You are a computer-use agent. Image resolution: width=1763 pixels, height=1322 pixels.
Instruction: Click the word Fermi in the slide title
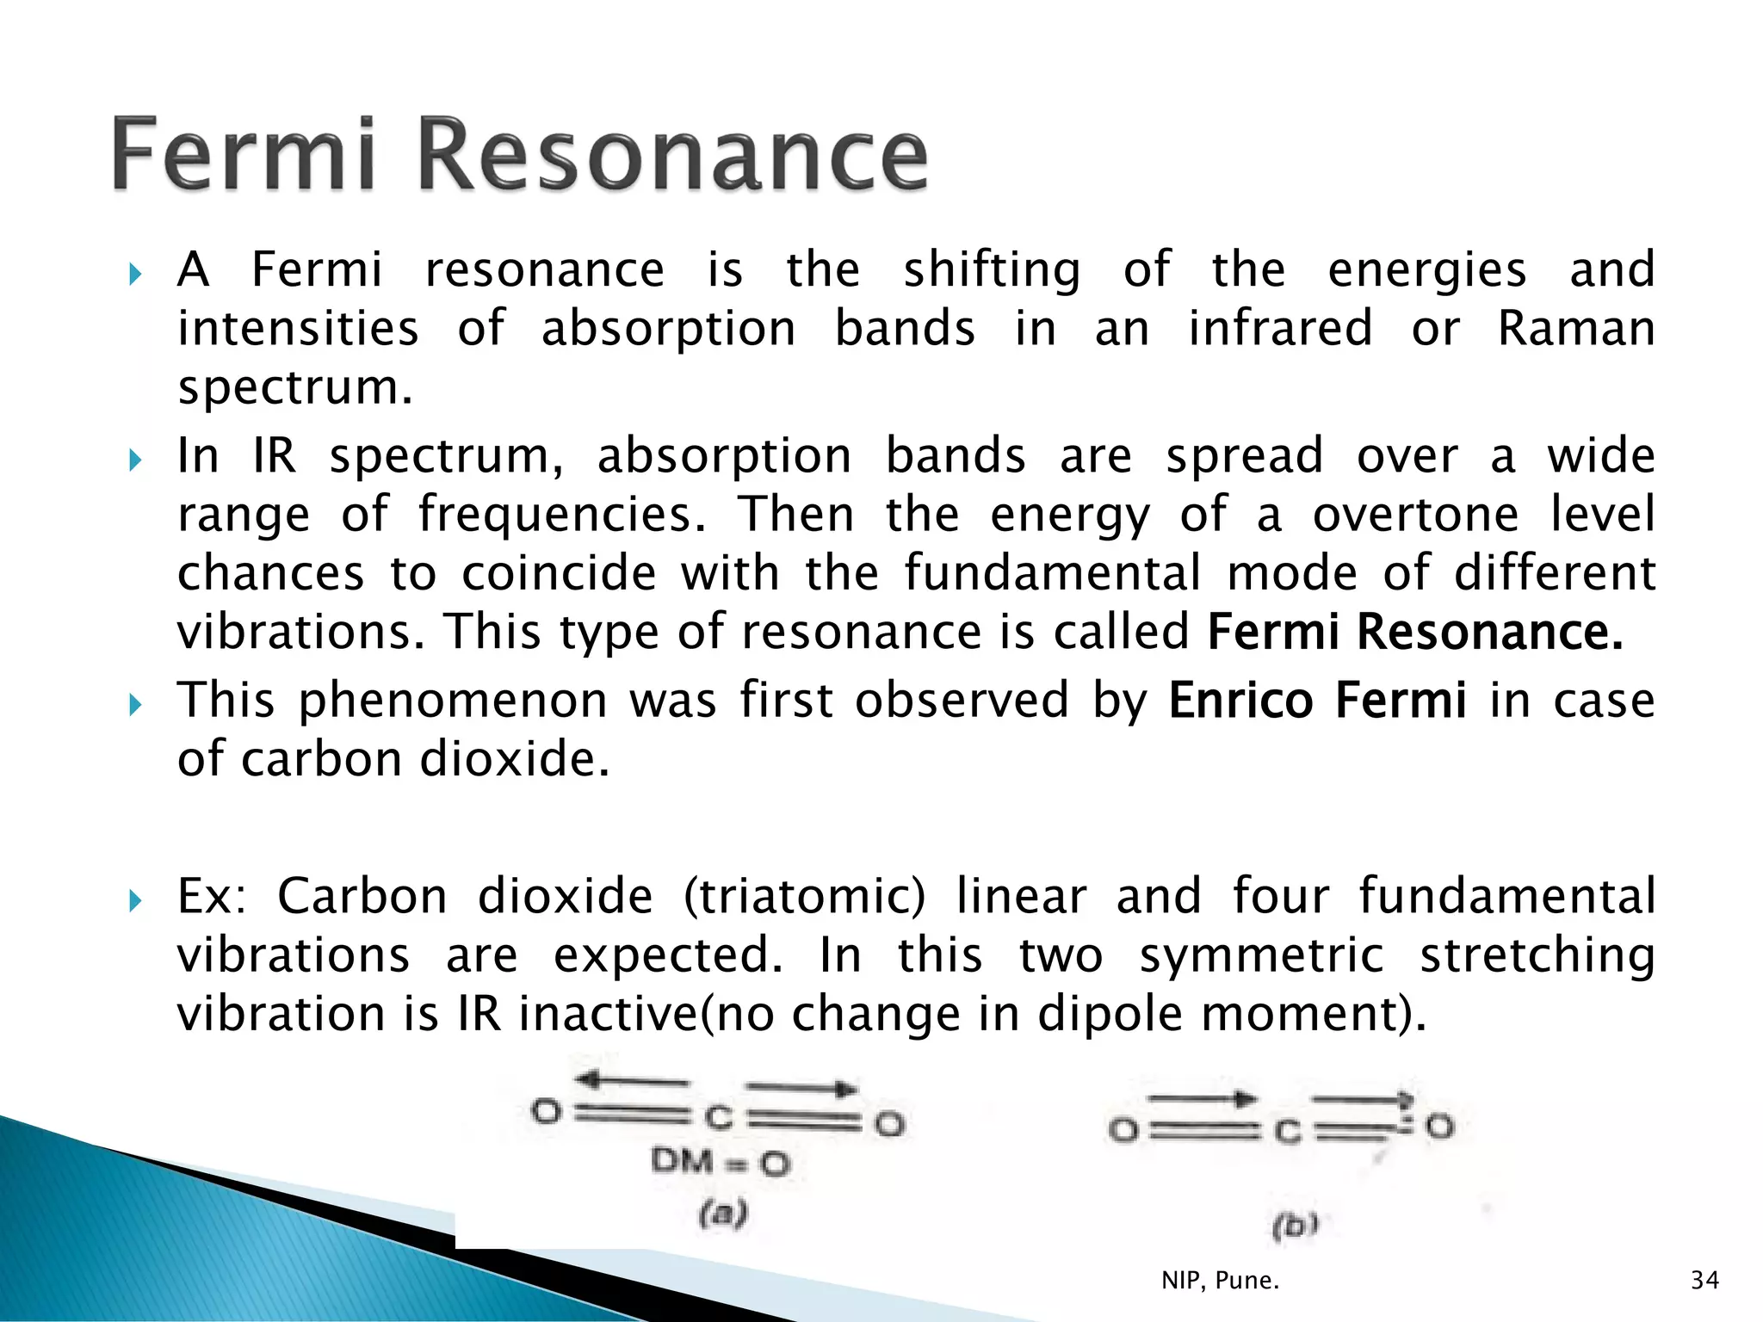[x=244, y=155]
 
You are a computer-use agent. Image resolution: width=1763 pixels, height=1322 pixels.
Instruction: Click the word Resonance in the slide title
[x=672, y=155]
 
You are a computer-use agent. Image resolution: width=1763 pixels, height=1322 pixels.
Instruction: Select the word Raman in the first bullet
[x=1575, y=329]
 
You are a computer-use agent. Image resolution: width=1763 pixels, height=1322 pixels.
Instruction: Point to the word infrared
[x=1280, y=329]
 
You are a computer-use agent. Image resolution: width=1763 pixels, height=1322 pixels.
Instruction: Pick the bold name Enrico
[x=1240, y=699]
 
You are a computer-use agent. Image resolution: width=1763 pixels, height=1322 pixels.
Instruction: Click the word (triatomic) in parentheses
[x=804, y=896]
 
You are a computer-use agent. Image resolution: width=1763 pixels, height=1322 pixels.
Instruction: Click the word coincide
[x=559, y=573]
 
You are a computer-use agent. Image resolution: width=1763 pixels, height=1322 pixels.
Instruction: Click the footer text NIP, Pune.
[x=1220, y=1281]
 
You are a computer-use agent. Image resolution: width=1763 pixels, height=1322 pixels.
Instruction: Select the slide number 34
[x=1704, y=1281]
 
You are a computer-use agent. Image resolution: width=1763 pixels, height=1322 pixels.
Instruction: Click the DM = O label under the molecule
[x=720, y=1163]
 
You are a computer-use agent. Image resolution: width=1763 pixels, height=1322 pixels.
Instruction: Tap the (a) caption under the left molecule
[x=723, y=1214]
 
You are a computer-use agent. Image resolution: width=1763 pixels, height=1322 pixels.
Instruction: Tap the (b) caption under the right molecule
[x=1295, y=1224]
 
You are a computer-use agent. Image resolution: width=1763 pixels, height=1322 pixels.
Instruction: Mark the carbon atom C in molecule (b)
[x=1287, y=1131]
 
